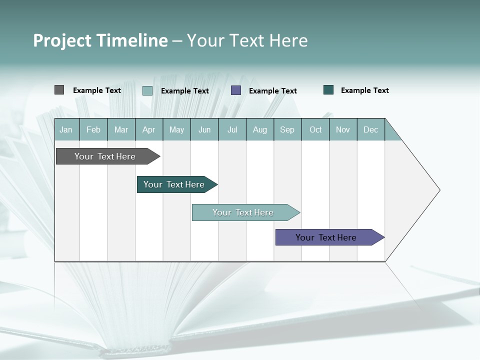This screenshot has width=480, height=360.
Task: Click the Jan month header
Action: tap(66, 129)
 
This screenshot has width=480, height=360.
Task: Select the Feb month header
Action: tap(93, 129)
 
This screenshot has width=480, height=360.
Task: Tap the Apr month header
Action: tap(149, 129)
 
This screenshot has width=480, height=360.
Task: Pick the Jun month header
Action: tap(204, 129)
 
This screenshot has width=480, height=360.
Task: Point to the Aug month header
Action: tap(260, 129)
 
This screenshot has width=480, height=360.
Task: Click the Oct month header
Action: tap(315, 129)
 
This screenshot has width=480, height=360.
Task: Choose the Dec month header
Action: tap(371, 129)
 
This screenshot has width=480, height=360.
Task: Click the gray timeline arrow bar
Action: tap(105, 156)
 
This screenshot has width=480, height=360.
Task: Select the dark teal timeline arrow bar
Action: tap(174, 184)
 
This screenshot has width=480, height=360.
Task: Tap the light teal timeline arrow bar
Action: tap(243, 212)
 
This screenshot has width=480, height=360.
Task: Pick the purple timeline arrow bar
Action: tap(326, 237)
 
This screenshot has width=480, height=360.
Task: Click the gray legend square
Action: tap(59, 90)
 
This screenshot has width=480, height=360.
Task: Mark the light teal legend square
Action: tap(147, 90)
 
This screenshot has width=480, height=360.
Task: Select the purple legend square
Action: tap(236, 90)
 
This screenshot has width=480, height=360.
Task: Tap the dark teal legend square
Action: tap(328, 90)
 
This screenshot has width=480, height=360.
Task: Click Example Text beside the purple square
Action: tap(273, 91)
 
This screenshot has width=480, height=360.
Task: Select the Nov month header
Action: tap(343, 129)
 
